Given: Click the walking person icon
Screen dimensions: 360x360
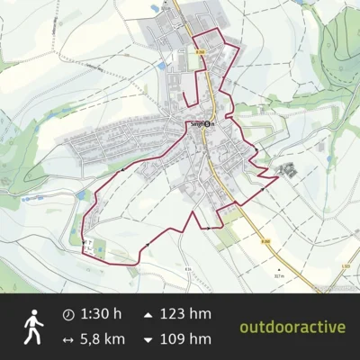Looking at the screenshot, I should (x=34, y=327).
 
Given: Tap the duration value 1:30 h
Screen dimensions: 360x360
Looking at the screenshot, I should (x=100, y=314).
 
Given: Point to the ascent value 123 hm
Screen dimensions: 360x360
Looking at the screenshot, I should (x=186, y=314).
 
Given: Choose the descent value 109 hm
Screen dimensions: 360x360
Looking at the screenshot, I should (x=186, y=339).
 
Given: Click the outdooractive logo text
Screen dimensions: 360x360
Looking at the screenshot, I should (x=292, y=326).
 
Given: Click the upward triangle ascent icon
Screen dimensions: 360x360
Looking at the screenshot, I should (x=148, y=314).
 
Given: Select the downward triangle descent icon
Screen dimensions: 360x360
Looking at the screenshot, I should (x=148, y=339).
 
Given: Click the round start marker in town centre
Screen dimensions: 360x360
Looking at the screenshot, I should (x=208, y=124).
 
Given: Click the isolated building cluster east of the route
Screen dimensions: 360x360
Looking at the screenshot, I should (x=288, y=168).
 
